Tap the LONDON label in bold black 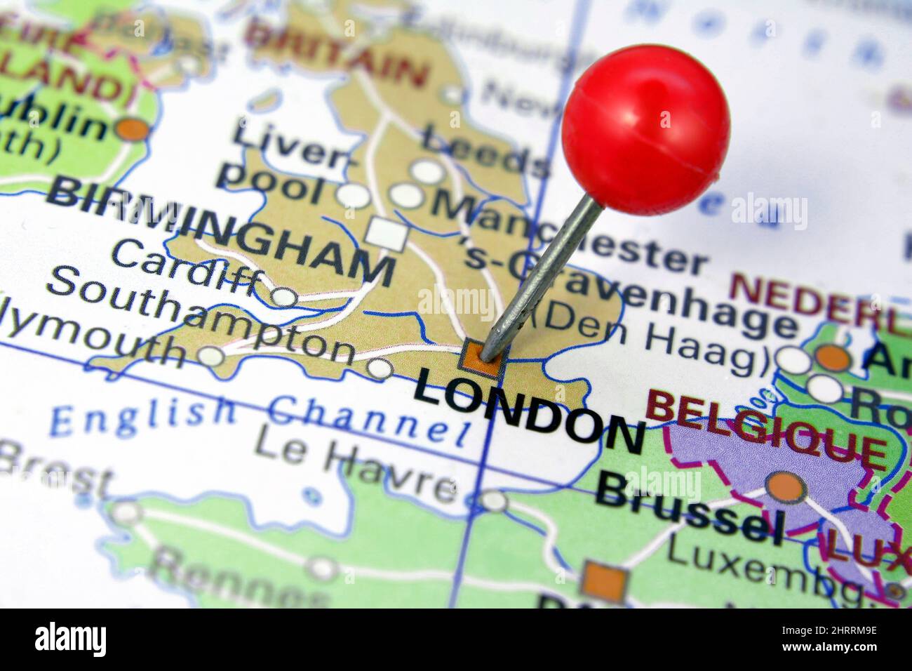coord(530,411)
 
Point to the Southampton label coord(200,317)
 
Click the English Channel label coord(260,419)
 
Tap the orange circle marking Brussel coord(785,486)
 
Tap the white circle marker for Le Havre coord(495,501)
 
